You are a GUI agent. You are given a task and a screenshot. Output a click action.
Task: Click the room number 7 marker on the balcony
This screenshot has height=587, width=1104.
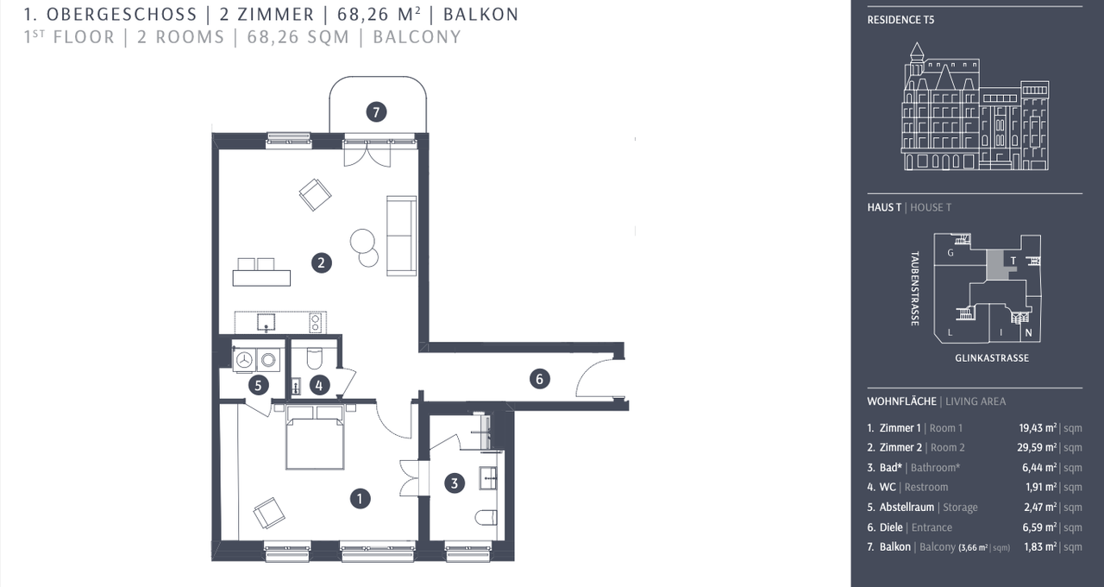click(x=376, y=112)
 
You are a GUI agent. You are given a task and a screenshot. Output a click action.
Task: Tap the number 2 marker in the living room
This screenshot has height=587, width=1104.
click(x=322, y=263)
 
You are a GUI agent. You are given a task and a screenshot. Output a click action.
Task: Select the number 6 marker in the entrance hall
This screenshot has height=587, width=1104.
click(x=540, y=379)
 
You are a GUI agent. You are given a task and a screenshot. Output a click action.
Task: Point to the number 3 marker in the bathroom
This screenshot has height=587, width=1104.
click(x=455, y=483)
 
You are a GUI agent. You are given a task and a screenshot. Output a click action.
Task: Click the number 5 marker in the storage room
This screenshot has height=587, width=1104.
click(x=258, y=385)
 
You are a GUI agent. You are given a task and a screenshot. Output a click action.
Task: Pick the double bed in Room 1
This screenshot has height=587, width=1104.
click(x=315, y=437)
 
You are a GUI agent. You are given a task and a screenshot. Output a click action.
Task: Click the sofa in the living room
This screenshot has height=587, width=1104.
click(x=401, y=236)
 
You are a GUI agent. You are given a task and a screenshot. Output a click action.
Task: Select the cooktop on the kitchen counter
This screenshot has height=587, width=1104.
click(x=315, y=323)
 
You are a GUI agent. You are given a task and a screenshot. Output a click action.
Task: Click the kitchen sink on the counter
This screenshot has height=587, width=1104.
click(x=267, y=323)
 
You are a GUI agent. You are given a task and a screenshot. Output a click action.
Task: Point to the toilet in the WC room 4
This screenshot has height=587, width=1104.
click(x=315, y=358)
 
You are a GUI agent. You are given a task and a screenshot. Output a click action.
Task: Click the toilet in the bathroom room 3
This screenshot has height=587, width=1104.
click(x=486, y=517)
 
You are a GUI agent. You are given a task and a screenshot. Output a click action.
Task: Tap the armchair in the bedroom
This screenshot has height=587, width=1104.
click(x=269, y=513)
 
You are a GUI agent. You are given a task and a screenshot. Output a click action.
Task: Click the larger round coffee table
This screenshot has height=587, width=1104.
click(x=362, y=242)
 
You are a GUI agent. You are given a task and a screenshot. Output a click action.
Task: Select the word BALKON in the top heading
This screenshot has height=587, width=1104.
click(x=481, y=15)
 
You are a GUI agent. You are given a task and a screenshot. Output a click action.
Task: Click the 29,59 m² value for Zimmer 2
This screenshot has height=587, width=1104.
click(x=1037, y=447)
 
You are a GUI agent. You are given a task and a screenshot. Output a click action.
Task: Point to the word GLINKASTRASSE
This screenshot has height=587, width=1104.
click(x=992, y=358)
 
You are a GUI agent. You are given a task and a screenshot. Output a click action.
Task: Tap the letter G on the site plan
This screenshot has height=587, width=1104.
click(x=950, y=253)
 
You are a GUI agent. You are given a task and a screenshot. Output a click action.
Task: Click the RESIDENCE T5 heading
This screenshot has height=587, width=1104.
click(x=900, y=20)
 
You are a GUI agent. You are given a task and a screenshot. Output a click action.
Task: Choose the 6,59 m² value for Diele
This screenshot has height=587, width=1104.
click(x=1039, y=527)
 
